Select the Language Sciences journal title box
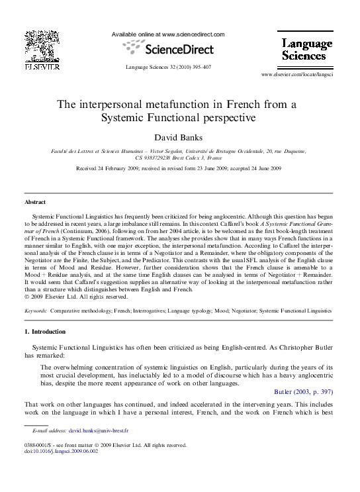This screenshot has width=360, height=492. pyautogui.click(x=307, y=49)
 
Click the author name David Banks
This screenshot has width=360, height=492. pyautogui.click(x=180, y=138)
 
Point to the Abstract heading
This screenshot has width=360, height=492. pyautogui.click(x=35, y=201)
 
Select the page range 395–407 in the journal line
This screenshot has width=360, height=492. pyautogui.click(x=199, y=67)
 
